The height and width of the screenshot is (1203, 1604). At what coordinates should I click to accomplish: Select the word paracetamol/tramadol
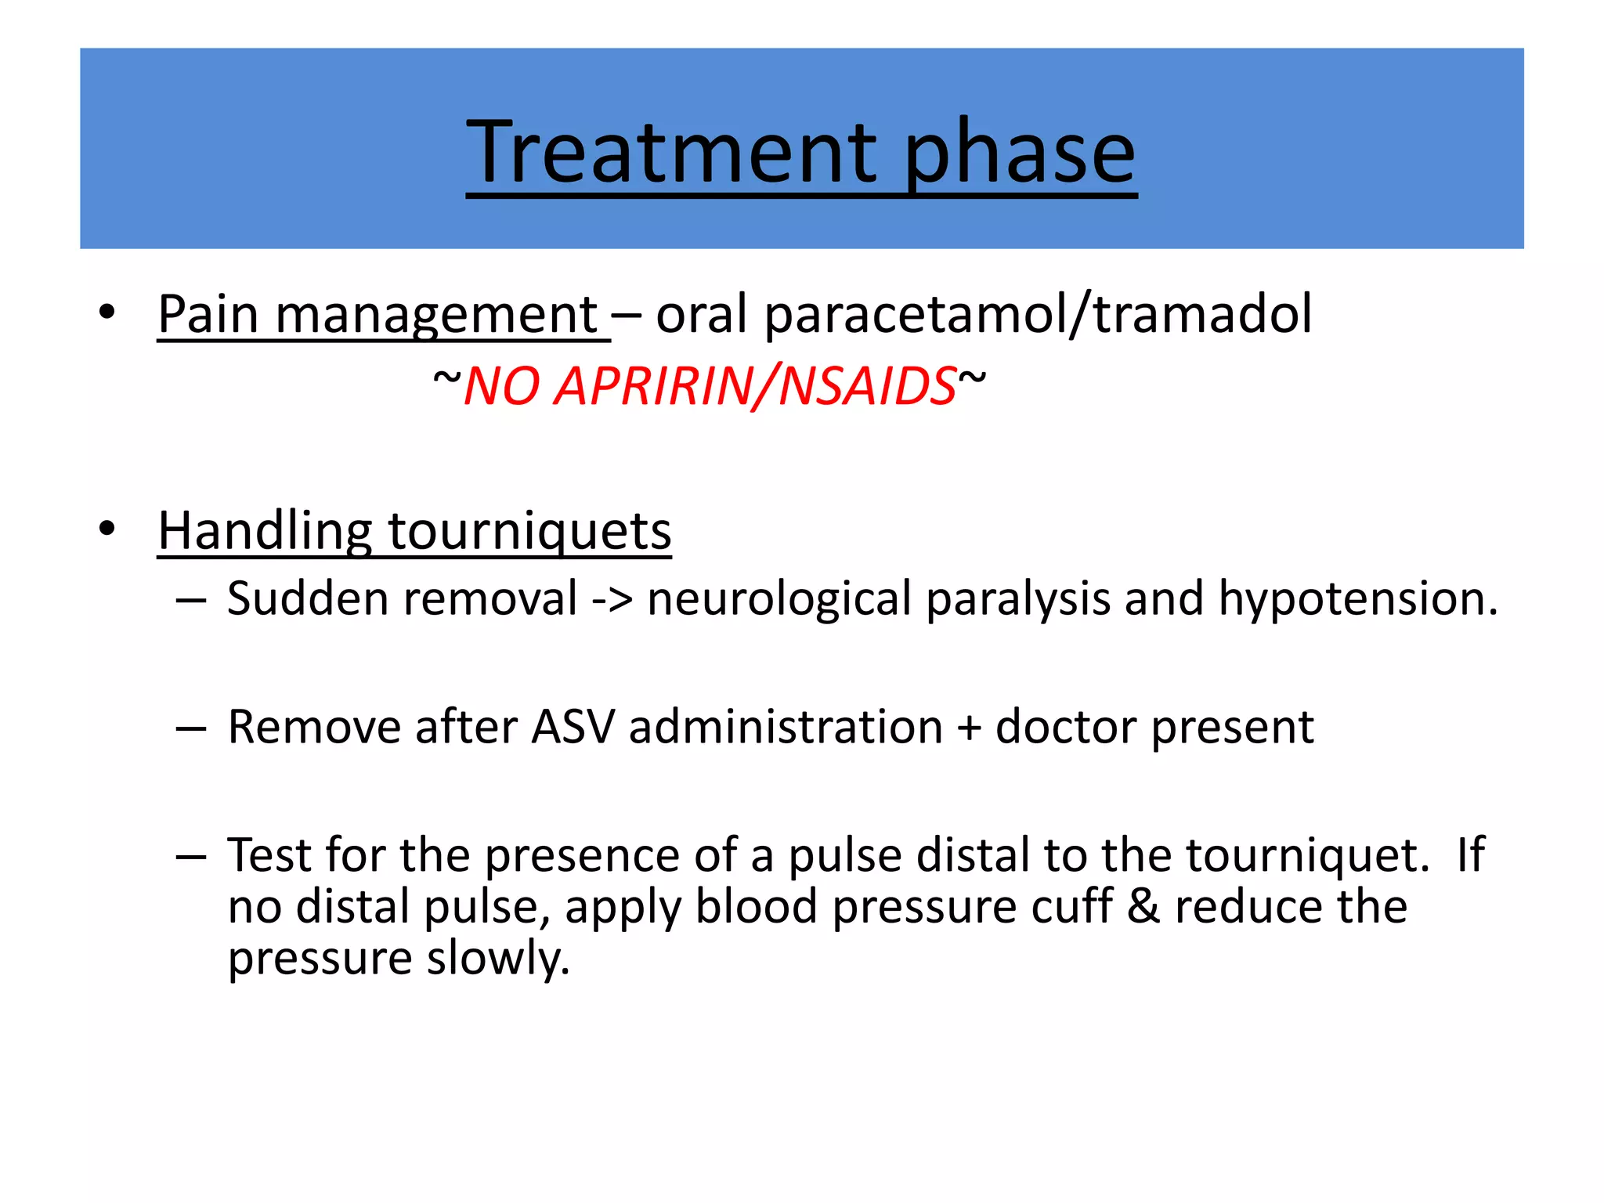click(x=1038, y=315)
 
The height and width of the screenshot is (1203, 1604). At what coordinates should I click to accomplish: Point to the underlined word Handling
click(x=265, y=531)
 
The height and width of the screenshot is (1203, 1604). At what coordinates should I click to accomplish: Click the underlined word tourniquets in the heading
click(x=529, y=531)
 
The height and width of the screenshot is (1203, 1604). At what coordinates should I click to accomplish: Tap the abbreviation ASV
click(x=573, y=727)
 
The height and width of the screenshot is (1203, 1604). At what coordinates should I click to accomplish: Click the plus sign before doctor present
click(x=969, y=728)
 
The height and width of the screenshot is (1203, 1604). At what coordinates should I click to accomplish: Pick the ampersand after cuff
click(x=1143, y=907)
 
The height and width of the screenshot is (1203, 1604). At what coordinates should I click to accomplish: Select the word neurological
click(x=779, y=600)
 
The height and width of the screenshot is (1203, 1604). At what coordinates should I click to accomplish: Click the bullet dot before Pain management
click(x=107, y=312)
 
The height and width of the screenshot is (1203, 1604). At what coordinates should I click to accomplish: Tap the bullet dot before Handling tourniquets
click(x=107, y=529)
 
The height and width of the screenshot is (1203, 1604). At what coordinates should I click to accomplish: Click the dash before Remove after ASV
click(x=191, y=728)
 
